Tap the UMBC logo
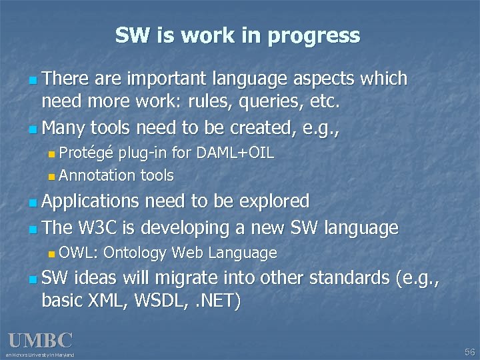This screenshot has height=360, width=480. point(40,340)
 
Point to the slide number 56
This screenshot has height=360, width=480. point(469,351)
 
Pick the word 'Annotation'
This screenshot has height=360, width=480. point(97,175)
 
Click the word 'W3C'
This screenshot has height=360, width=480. point(99,228)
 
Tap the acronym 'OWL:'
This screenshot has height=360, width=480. point(79,253)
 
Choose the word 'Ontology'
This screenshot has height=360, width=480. point(135,253)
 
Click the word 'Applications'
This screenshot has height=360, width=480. point(91,201)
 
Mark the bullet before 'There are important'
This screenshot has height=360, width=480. point(33,80)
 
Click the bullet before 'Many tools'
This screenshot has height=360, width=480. point(33,128)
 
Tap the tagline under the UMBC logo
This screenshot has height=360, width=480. point(41,355)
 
